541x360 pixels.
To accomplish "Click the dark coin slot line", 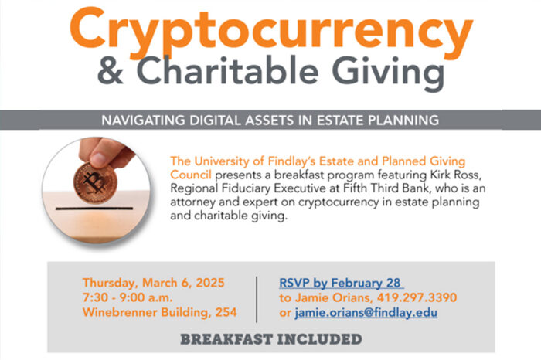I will click(x=85, y=209).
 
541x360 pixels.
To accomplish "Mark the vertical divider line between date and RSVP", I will click(x=257, y=297).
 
